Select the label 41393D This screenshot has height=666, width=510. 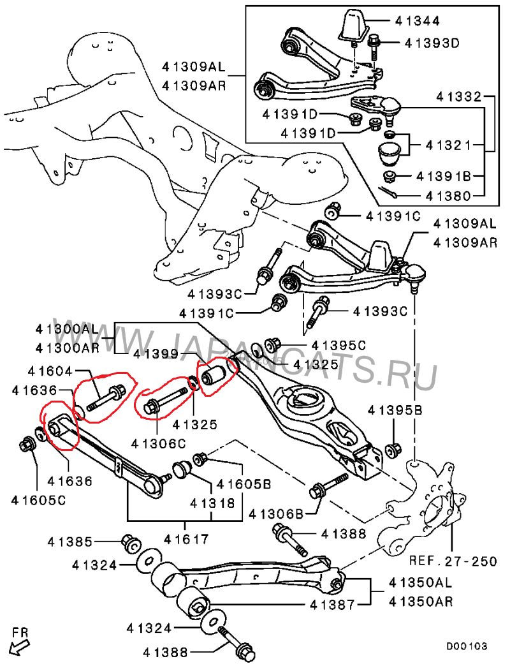point(432,43)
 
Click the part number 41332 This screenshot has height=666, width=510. point(459,97)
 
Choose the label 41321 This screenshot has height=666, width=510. point(448,145)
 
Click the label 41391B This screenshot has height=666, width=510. point(444,176)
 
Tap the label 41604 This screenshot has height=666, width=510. point(50,371)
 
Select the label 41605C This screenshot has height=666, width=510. point(39,500)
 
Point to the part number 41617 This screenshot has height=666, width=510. point(186,539)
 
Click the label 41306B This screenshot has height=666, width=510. point(276,514)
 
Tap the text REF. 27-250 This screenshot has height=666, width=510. point(453,561)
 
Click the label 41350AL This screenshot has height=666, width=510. point(421,583)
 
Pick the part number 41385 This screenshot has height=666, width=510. point(69,542)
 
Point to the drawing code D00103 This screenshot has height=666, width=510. point(466,646)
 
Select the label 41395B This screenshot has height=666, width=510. point(395,410)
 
